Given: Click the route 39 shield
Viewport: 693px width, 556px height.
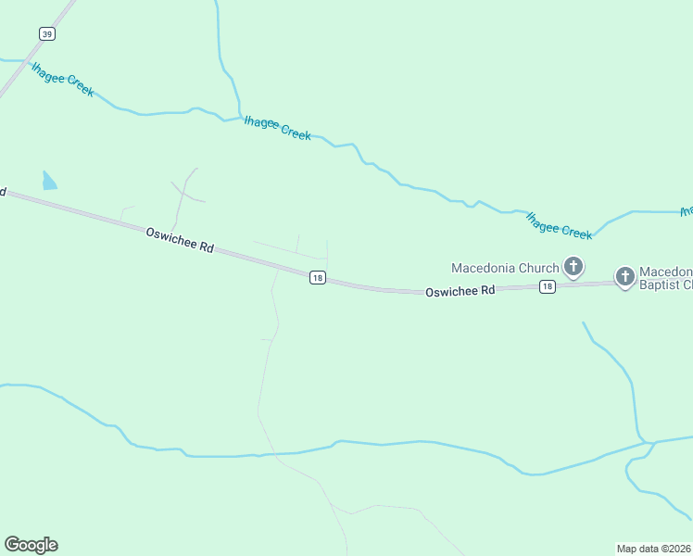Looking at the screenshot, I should [x=47, y=33].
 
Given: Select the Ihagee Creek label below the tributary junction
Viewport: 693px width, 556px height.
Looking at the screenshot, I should [x=277, y=128].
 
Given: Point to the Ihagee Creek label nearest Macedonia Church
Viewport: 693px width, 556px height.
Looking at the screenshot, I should [x=559, y=225].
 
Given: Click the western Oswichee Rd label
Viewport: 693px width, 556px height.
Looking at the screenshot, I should [x=180, y=241].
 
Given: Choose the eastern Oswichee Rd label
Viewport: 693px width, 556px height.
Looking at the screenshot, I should [x=460, y=291].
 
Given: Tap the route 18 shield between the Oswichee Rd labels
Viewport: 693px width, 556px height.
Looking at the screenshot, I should [x=317, y=278].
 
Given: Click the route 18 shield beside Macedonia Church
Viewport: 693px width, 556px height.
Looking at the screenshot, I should [x=548, y=286].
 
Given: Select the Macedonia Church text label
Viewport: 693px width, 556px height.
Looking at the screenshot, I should [x=505, y=269].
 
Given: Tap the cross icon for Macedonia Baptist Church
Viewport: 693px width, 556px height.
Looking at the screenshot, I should [x=625, y=276].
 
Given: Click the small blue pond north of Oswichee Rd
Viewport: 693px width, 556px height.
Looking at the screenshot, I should [x=49, y=181].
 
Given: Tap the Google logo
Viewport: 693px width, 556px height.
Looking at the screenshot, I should [x=31, y=545].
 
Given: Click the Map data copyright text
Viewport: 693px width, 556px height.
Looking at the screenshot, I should [x=654, y=548].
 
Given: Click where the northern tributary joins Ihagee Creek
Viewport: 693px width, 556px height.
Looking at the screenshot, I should [x=239, y=117].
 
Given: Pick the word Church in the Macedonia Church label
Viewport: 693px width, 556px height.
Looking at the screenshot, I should [x=538, y=269].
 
